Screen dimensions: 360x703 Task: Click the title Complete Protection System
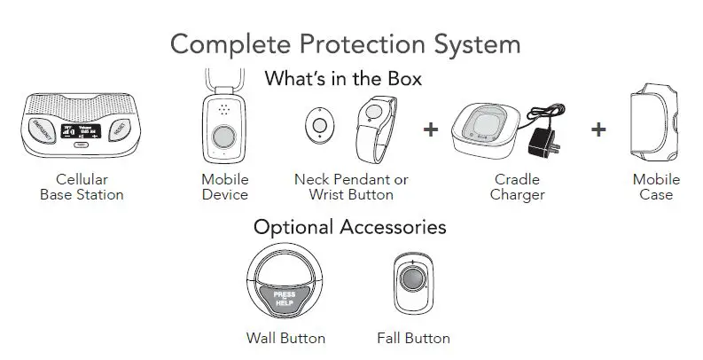pyautogui.click(x=345, y=43)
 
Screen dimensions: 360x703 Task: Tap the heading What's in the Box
pyautogui.click(x=343, y=78)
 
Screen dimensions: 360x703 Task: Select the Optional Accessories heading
pyautogui.click(x=349, y=227)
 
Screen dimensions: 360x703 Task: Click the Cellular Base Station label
pyautogui.click(x=82, y=187)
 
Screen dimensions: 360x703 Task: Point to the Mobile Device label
pyautogui.click(x=224, y=187)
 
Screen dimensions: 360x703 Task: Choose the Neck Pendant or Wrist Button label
pyautogui.click(x=350, y=187)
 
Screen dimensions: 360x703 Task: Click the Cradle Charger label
pyautogui.click(x=517, y=187)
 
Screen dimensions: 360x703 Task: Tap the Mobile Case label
pyautogui.click(x=656, y=187)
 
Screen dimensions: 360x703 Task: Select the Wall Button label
pyautogui.click(x=285, y=338)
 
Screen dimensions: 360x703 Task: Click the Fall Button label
pyautogui.click(x=413, y=338)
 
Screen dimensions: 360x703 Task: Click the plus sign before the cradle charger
pyautogui.click(x=432, y=129)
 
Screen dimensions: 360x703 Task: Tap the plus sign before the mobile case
pyautogui.click(x=598, y=129)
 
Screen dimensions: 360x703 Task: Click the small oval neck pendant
pyautogui.click(x=314, y=126)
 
